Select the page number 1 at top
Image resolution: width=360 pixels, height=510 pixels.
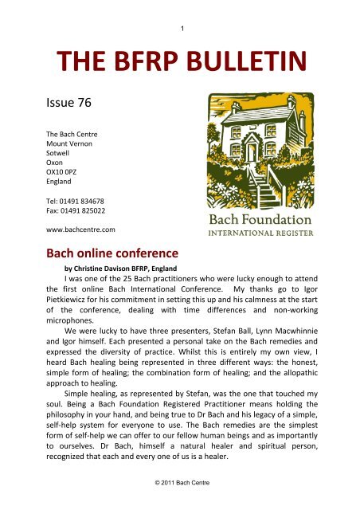point(183,29)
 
